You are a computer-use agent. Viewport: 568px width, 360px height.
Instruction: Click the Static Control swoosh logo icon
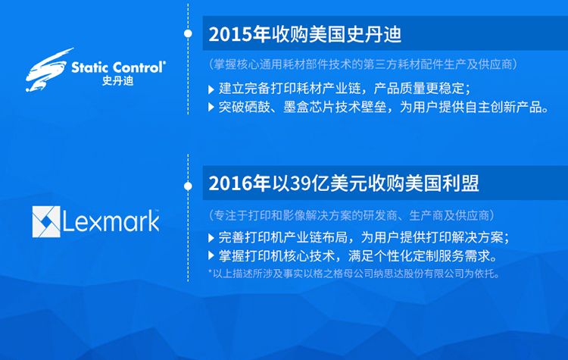point(47,70)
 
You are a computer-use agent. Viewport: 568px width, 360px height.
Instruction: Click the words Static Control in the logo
point(117,67)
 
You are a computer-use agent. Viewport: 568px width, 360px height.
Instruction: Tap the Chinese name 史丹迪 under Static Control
point(117,80)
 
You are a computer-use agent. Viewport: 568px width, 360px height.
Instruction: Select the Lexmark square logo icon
point(46,221)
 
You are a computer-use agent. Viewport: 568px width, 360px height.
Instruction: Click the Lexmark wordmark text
point(111,221)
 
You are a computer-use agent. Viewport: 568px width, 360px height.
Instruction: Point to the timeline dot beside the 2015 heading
point(188,33)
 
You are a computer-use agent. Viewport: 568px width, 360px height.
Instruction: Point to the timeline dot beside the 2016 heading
point(188,186)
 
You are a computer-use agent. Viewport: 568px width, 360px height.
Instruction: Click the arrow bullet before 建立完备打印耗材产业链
point(211,89)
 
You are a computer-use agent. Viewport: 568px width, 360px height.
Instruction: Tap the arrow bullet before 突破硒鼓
point(211,107)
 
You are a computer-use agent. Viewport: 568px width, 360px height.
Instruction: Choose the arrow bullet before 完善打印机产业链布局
point(211,238)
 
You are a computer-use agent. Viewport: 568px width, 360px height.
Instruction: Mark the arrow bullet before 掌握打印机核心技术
point(211,255)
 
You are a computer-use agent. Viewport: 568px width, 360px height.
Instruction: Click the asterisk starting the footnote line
point(210,271)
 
